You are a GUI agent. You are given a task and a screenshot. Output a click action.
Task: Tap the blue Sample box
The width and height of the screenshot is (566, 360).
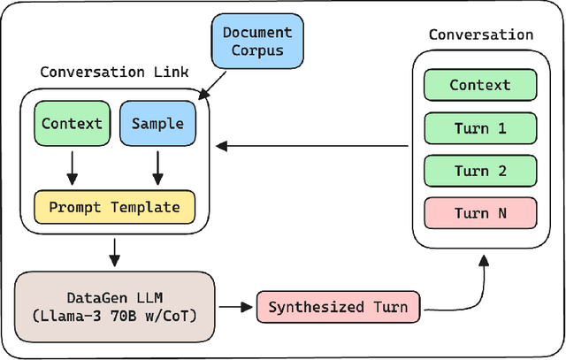pos(157,124)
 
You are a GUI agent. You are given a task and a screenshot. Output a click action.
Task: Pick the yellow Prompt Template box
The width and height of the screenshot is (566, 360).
pos(114,208)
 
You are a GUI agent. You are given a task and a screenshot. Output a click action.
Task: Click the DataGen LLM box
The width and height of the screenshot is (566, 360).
pos(116,308)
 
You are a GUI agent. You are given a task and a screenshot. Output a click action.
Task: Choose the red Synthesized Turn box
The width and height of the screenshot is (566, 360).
pos(339,308)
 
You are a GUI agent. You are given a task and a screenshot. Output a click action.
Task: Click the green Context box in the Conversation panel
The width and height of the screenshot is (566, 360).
pos(480,86)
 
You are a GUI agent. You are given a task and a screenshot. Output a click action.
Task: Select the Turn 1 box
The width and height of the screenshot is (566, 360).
pos(480,128)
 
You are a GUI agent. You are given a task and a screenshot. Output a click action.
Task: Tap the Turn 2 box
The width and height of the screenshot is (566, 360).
pos(480,171)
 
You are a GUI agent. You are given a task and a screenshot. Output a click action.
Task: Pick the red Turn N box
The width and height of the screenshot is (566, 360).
pos(480,213)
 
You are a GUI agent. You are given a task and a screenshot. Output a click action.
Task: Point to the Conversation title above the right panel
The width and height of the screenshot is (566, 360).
pos(480,35)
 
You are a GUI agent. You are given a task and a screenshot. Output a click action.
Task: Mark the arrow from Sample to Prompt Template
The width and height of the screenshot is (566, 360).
pos(157,165)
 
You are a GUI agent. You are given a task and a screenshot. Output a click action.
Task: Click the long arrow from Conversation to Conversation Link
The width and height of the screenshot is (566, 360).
pos(314,146)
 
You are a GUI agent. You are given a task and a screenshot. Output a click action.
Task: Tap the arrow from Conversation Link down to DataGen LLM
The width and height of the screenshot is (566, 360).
pos(114,251)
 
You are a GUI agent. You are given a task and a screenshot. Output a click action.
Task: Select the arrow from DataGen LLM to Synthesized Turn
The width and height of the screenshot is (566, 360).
pos(235,308)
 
